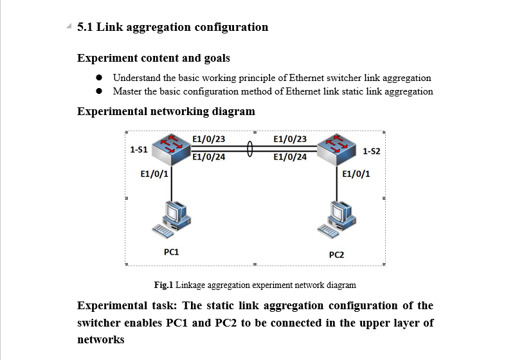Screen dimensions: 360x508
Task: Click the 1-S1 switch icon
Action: (x=171, y=147)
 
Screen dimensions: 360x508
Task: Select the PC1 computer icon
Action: (x=172, y=219)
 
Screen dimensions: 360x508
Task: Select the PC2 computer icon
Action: (x=337, y=219)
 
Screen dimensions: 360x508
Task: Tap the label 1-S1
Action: (x=139, y=149)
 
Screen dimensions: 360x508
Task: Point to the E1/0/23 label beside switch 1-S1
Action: (x=209, y=139)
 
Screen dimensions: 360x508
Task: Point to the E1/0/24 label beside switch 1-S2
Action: (x=290, y=156)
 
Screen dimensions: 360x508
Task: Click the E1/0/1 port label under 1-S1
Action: (x=154, y=174)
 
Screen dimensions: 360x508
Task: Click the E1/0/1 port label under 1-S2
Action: (x=356, y=174)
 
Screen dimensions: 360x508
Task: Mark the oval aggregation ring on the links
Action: (x=249, y=148)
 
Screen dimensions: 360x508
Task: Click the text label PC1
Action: (x=172, y=252)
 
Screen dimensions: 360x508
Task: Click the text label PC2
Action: (x=337, y=255)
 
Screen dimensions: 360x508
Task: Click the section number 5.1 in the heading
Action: (x=85, y=27)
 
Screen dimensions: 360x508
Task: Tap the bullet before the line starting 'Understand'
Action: (x=99, y=78)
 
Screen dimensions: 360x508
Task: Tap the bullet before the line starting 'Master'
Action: (x=99, y=91)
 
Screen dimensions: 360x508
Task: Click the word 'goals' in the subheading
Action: (x=217, y=59)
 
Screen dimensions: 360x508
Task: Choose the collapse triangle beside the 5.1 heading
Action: (x=69, y=27)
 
